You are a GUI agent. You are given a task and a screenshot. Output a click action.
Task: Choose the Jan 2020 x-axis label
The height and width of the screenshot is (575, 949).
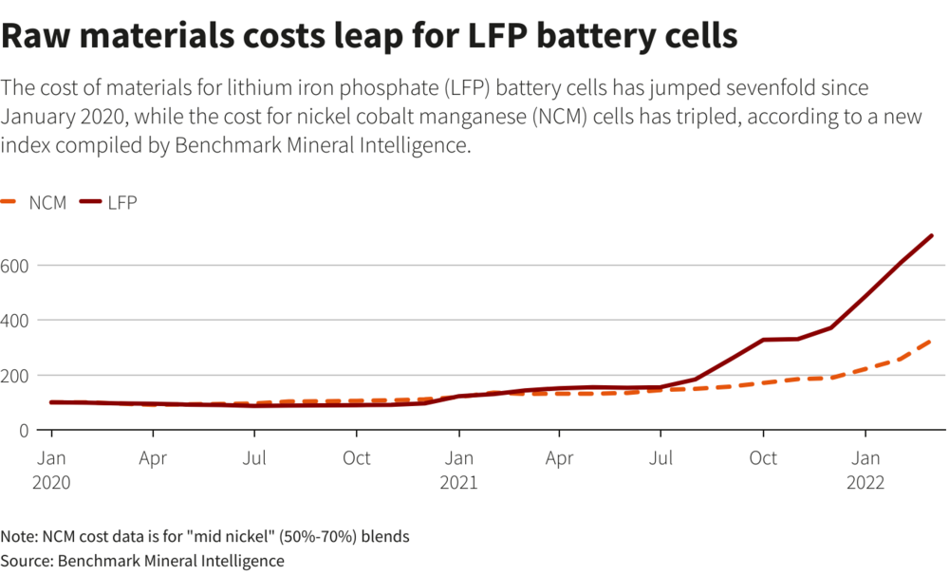click(51, 470)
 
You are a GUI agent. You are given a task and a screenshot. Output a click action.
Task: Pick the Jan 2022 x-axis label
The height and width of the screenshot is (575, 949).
click(864, 470)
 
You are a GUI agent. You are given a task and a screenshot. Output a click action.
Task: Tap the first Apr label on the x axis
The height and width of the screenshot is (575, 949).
click(153, 458)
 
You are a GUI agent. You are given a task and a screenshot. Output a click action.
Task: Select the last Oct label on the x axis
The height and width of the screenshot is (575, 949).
click(763, 458)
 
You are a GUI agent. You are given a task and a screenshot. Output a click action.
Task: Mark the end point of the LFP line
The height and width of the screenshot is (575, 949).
click(932, 235)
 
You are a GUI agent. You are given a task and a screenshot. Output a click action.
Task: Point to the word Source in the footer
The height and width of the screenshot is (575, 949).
click(26, 561)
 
